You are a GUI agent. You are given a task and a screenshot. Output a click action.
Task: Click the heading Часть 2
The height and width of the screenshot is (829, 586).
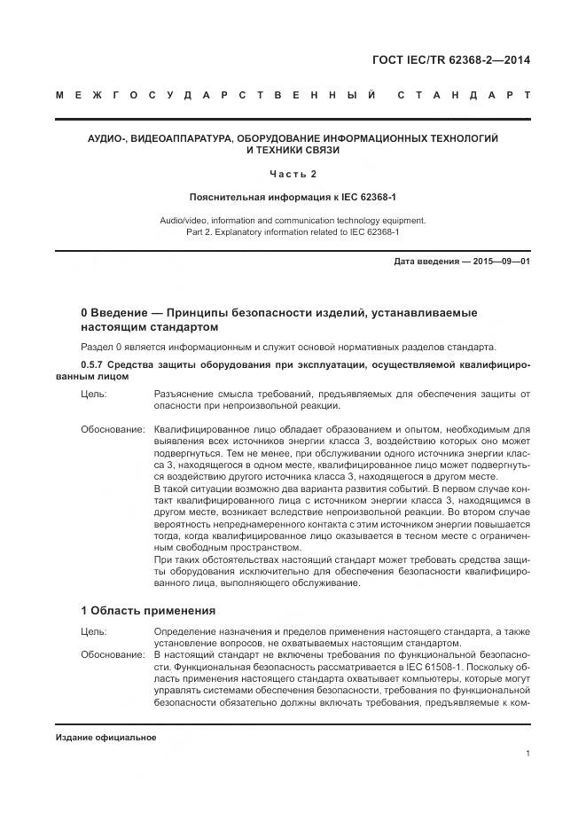pyautogui.click(x=293, y=173)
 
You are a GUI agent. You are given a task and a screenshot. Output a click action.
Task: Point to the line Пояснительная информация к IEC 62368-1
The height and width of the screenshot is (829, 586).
pyautogui.click(x=293, y=196)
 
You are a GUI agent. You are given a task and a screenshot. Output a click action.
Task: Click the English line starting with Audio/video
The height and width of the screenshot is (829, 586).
pyautogui.click(x=293, y=219)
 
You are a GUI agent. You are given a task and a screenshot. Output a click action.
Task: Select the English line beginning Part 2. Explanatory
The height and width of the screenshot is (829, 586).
pyautogui.click(x=293, y=231)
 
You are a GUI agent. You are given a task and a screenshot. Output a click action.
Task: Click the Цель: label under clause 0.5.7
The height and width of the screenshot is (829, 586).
pyautogui.click(x=93, y=393)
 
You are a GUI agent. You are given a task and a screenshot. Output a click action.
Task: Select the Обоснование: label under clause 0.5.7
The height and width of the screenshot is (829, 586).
pyautogui.click(x=113, y=428)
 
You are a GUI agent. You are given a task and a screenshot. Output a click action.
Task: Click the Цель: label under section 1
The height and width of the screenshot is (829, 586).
pyautogui.click(x=93, y=631)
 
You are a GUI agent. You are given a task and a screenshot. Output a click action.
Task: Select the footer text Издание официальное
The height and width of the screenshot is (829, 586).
pyautogui.click(x=105, y=738)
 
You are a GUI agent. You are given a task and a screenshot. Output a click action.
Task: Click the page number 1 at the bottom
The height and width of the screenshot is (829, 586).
pyautogui.click(x=527, y=755)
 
